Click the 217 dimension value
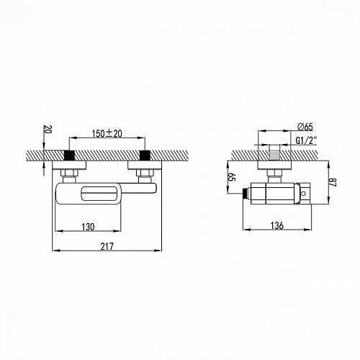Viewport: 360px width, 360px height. tap(107, 246)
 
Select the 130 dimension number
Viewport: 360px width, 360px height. tap(88, 227)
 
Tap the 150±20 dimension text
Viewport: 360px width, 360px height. tap(107, 134)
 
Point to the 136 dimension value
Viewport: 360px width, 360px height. tap(277, 225)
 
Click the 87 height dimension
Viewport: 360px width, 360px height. tap(333, 181)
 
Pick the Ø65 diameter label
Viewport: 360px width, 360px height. tap(305, 127)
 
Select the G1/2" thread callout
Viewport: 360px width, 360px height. tap(306, 140)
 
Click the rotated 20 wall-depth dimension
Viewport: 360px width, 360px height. tap(46, 130)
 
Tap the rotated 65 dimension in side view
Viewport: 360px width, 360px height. tap(232, 177)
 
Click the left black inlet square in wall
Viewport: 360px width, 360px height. tap(69, 155)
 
